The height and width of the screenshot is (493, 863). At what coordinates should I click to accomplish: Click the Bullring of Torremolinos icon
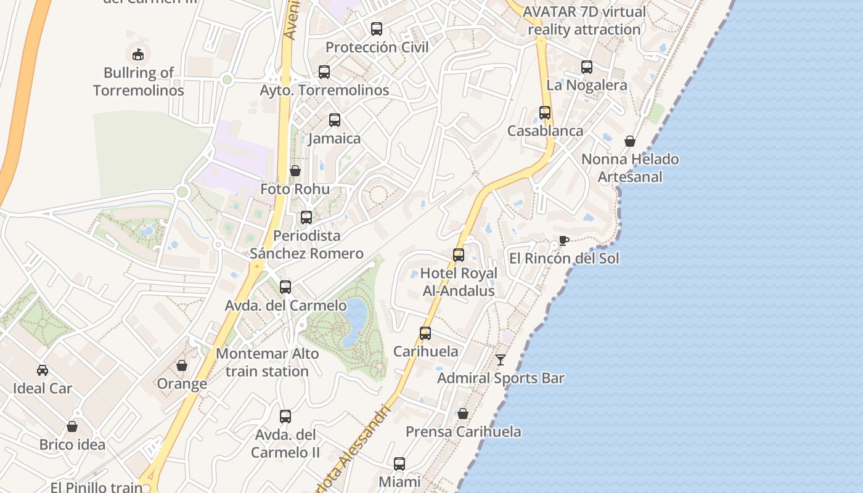coord(138,54)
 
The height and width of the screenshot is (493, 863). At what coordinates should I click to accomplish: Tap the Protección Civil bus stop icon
coord(376,29)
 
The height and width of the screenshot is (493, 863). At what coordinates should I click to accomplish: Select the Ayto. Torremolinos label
coord(324,90)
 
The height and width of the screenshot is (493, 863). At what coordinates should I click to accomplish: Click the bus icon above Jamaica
coord(334,120)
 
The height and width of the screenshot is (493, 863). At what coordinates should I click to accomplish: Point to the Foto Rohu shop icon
coord(295,171)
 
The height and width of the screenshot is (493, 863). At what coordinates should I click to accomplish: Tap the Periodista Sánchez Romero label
coord(306,245)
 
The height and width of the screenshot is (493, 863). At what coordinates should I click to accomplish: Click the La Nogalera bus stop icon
coord(586,67)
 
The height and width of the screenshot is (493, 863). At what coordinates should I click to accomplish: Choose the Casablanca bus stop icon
coord(544,113)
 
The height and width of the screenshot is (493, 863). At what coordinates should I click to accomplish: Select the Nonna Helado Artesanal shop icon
coord(629,141)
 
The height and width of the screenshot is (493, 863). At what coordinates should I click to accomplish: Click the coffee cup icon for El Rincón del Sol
coord(563,240)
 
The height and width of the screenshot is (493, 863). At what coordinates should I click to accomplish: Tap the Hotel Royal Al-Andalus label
coord(459,282)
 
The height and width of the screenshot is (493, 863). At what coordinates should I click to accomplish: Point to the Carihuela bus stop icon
coord(425,333)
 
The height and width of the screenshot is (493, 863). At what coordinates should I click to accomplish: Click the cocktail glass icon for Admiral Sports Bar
coord(501,360)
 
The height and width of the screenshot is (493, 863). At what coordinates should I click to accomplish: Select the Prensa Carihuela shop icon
coord(462,414)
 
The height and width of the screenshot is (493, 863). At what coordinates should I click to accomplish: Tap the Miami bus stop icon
coord(399,464)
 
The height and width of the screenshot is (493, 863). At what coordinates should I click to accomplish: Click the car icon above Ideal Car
coord(43,370)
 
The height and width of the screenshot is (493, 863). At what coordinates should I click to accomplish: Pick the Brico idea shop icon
coord(72,426)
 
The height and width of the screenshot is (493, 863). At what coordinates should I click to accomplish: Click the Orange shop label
coord(182,384)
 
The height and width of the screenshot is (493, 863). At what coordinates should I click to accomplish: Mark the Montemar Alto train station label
coord(267,362)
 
